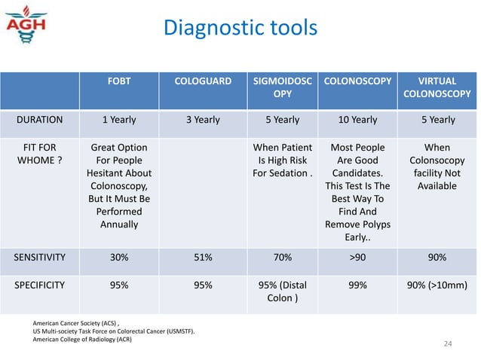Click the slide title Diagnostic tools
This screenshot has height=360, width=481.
[x=240, y=28]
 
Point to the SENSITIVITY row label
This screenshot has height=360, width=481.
[x=40, y=257]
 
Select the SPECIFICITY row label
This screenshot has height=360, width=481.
[x=40, y=286]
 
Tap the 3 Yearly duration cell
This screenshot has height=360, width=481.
[x=203, y=120]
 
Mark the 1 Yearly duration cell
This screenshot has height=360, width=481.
[x=118, y=120]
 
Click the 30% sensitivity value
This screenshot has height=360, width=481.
[x=118, y=257]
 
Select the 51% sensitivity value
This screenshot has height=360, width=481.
[x=203, y=257]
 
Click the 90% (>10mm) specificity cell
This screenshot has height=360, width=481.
[x=438, y=286]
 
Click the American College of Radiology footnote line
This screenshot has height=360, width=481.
[x=82, y=339]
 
